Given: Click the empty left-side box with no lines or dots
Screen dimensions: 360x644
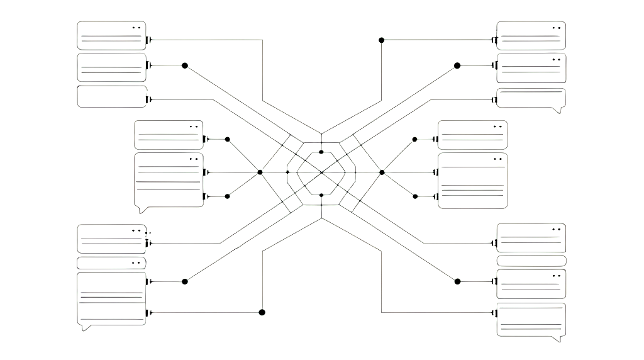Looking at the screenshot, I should pyautogui.click(x=111, y=97).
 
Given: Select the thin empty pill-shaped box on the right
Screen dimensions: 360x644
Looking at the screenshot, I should pyautogui.click(x=531, y=261).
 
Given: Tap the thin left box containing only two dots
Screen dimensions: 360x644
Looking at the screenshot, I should pyautogui.click(x=111, y=263).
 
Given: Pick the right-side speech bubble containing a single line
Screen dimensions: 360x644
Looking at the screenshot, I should pyautogui.click(x=531, y=99).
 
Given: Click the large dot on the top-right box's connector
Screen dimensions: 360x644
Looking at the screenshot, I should pyautogui.click(x=381, y=40).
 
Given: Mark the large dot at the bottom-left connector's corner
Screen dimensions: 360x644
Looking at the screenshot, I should pyautogui.click(x=262, y=312).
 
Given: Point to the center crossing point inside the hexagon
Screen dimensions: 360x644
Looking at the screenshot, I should pyautogui.click(x=321, y=172).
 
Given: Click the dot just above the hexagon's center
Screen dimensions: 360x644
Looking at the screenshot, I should pyautogui.click(x=321, y=152).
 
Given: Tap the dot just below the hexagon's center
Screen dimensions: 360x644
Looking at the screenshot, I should pyautogui.click(x=321, y=195).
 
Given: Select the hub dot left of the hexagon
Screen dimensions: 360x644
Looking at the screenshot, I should pyautogui.click(x=260, y=172).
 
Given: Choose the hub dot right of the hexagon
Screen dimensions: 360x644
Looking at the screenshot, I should pyautogui.click(x=382, y=172).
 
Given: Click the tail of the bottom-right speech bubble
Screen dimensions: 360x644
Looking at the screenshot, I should pyautogui.click(x=555, y=339).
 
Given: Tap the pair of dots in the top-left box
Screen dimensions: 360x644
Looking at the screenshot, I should pyautogui.click(x=136, y=28).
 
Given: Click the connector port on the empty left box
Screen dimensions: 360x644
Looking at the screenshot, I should pyautogui.click(x=148, y=99).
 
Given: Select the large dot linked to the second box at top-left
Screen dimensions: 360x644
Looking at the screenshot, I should pyautogui.click(x=185, y=65).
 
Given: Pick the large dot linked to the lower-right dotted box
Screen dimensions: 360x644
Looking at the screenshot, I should pyautogui.click(x=458, y=281).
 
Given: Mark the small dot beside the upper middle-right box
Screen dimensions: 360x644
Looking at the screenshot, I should pyautogui.click(x=415, y=139).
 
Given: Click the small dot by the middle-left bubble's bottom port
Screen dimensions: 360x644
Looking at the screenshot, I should pyautogui.click(x=227, y=196).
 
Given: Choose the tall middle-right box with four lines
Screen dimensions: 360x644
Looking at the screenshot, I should pyautogui.click(x=472, y=181).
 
